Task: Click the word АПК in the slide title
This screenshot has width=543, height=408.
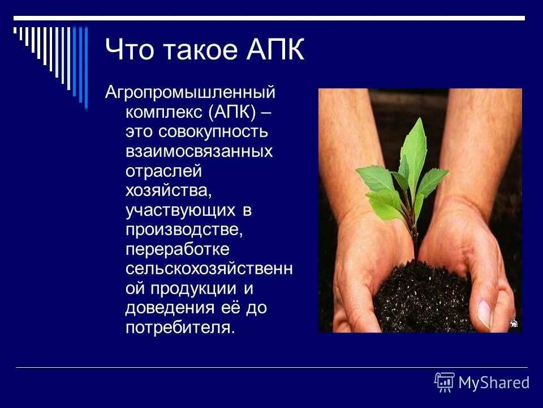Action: (275, 50)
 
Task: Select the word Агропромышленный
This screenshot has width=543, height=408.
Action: (190, 92)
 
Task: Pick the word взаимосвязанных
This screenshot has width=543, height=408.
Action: (199, 151)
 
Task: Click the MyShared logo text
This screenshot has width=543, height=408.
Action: (494, 382)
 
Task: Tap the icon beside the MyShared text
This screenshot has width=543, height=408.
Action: (445, 382)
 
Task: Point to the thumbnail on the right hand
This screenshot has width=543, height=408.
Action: (485, 313)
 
